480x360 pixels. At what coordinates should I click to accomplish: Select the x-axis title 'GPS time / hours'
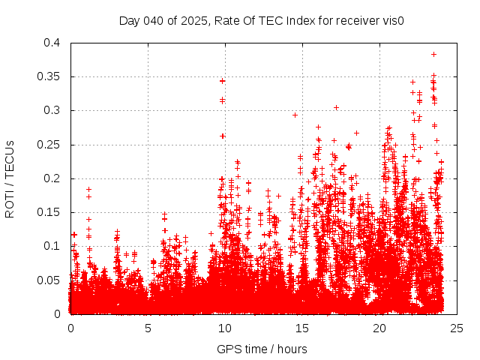262,349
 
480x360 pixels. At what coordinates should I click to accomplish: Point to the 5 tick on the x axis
148,328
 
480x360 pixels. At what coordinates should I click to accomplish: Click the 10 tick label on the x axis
225,328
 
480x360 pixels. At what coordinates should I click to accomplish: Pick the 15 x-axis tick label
302,328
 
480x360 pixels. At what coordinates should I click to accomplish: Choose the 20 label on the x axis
379,328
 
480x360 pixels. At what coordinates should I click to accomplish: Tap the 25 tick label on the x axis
457,328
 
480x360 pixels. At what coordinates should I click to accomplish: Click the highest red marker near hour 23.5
433,54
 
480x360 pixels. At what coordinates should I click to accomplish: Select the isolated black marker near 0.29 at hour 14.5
295,115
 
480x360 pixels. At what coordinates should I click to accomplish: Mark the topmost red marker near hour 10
222,80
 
